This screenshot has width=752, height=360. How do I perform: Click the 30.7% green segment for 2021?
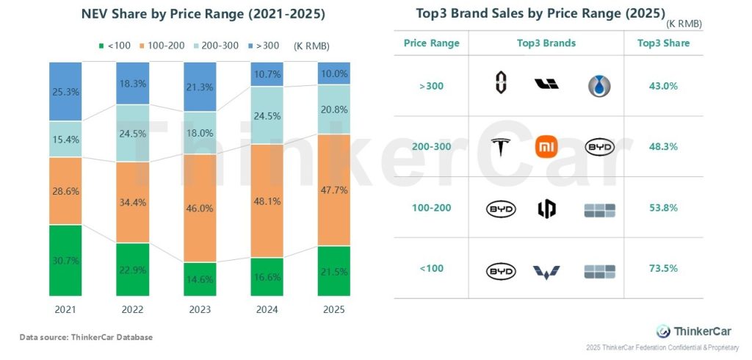65,259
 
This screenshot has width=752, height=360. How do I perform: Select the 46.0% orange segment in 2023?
200,208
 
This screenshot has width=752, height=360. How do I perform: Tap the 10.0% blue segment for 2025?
333,73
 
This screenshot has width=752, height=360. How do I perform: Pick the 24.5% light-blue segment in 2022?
132,134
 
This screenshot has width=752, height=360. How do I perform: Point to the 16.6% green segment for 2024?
267,276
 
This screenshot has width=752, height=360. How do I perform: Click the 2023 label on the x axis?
200,309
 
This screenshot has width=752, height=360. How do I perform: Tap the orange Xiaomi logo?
547,147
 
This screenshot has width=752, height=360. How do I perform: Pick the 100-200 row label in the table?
431,207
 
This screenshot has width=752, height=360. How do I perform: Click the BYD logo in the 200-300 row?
599,147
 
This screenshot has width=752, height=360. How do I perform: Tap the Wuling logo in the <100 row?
547,272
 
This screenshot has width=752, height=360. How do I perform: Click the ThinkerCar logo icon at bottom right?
663,331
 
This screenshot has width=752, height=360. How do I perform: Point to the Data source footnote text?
86,337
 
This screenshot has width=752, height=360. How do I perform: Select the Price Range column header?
431,43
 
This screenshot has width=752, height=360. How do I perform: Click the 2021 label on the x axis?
65,309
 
